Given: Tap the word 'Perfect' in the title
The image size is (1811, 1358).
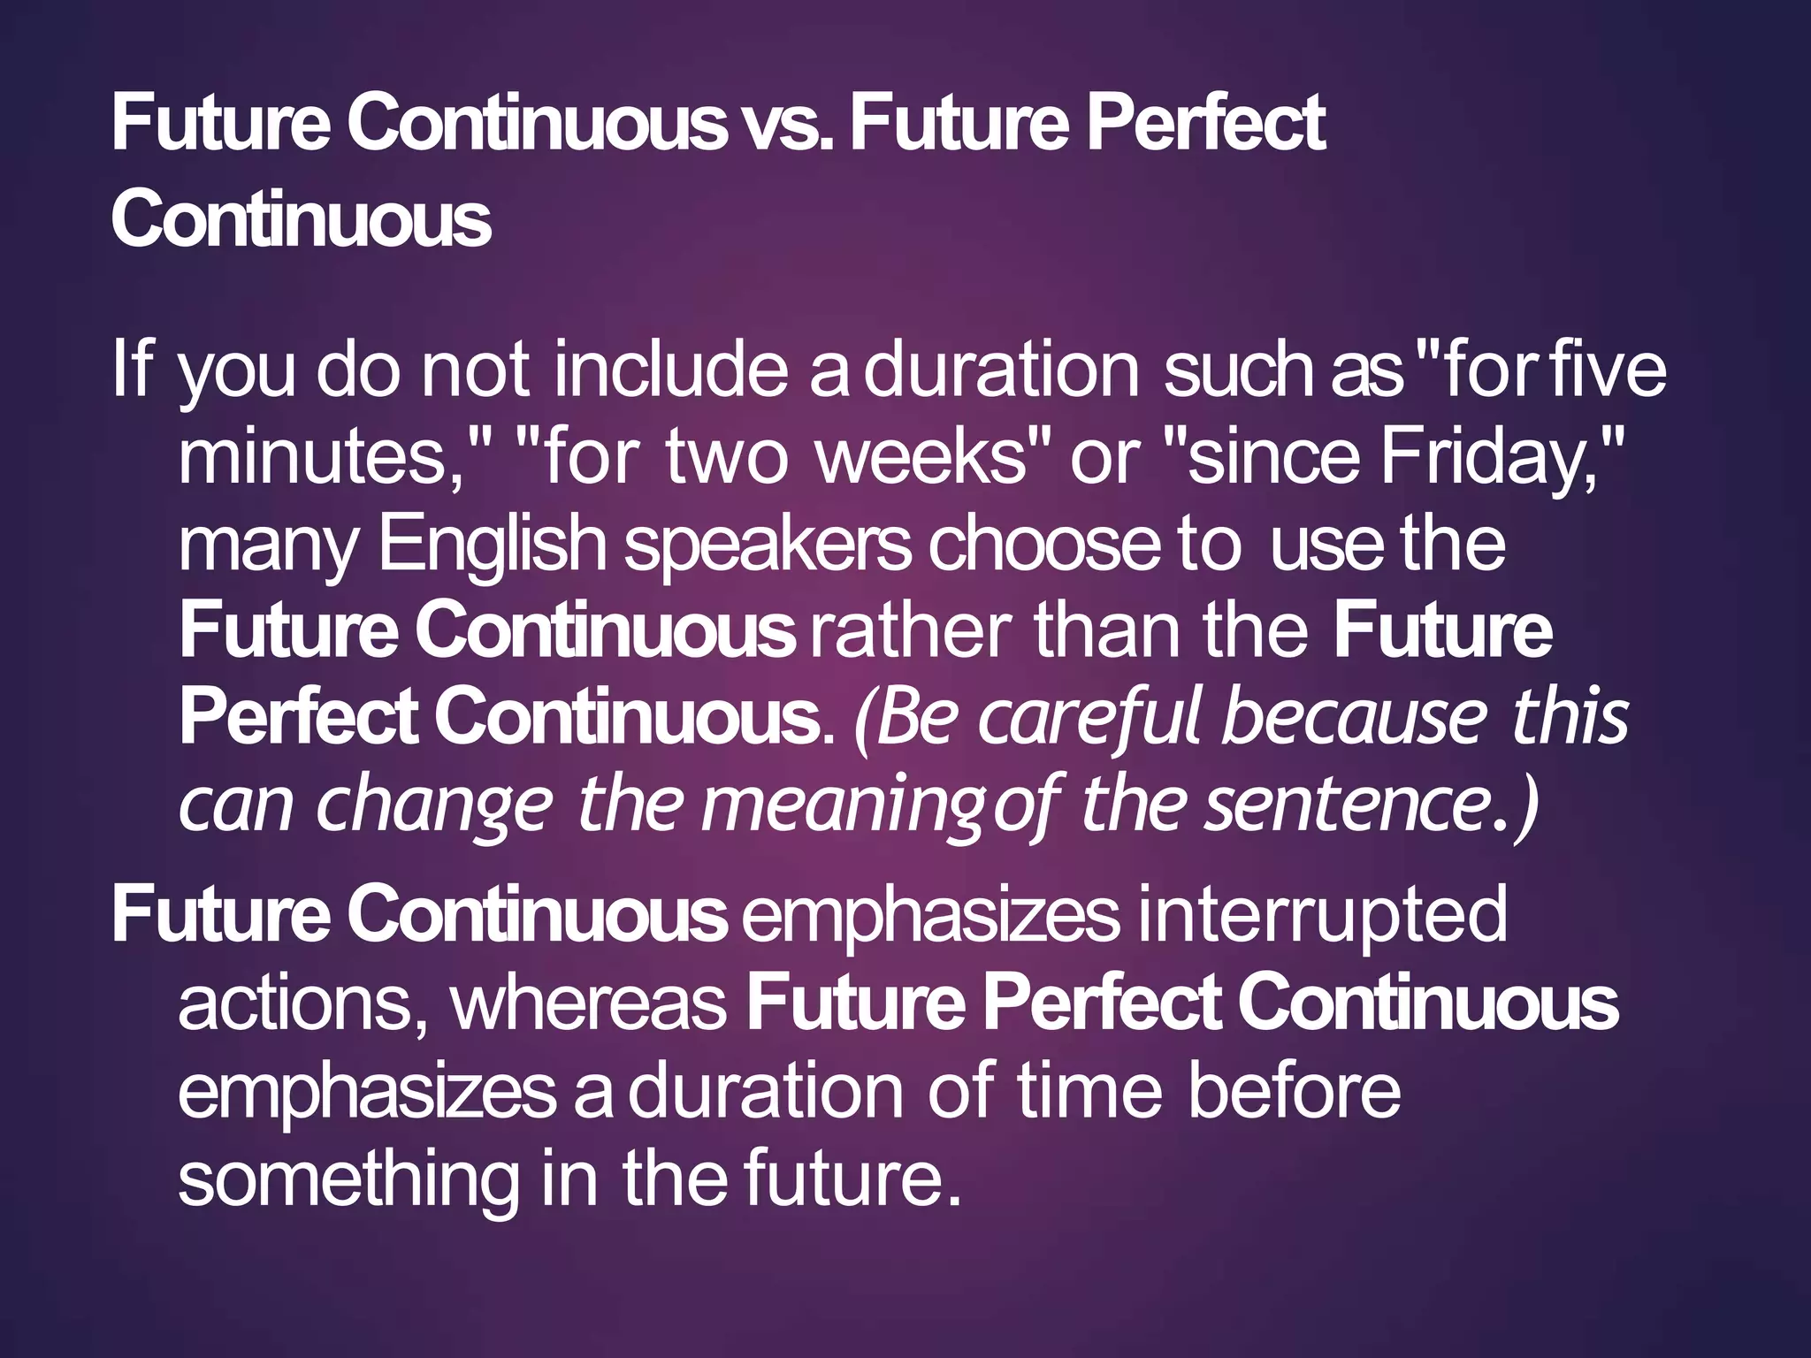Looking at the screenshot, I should coord(1205,125).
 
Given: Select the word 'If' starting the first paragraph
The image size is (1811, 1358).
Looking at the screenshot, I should coord(132,369).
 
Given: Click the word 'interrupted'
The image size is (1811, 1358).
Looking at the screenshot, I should coord(1322,915).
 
